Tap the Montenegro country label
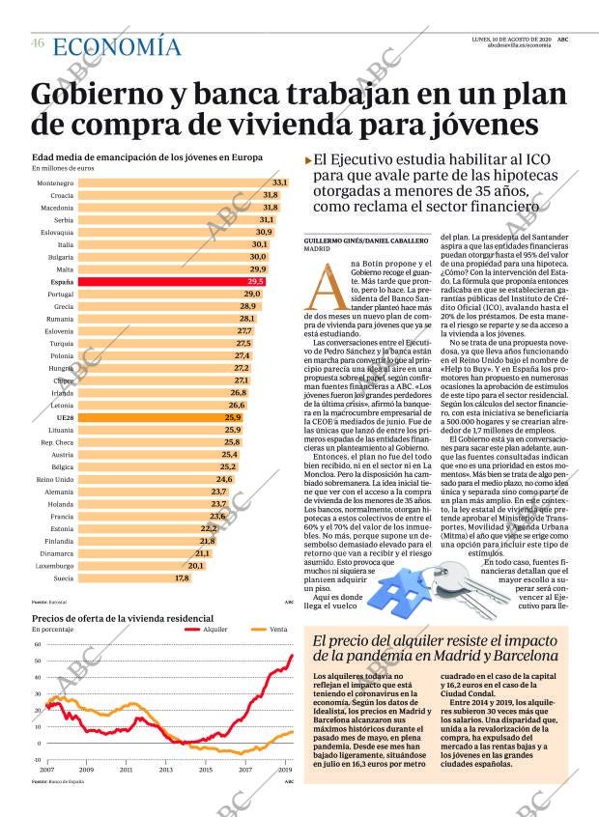click(55, 183)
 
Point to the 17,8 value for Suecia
click(182, 578)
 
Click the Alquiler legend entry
click(214, 630)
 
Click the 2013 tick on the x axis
click(166, 770)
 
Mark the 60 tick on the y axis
click(37, 644)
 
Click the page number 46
click(38, 43)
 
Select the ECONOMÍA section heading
click(116, 46)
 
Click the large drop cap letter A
click(324, 278)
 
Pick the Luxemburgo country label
click(55, 565)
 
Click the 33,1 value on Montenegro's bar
click(280, 183)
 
